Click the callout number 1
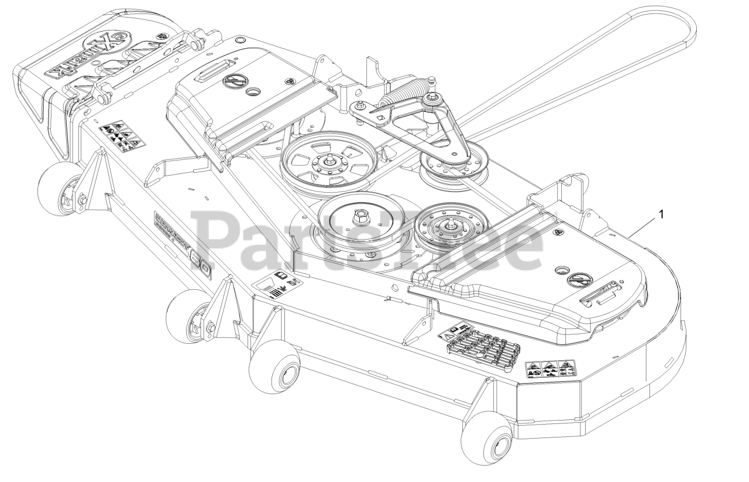[661, 215]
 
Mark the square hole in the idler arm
[381, 118]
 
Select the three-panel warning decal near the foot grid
[549, 369]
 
